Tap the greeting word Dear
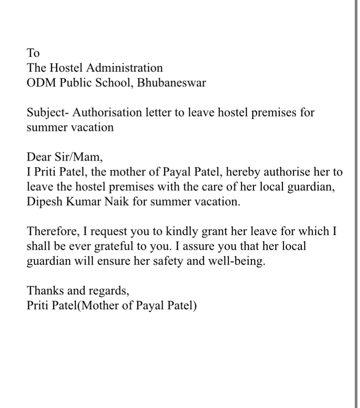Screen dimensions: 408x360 [x=38, y=157]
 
